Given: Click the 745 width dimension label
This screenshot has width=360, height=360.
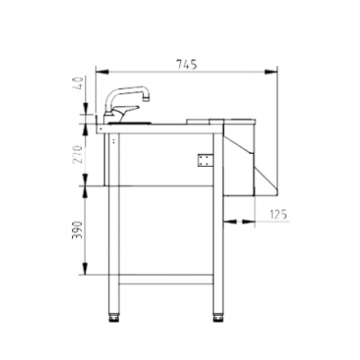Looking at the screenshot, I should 187,64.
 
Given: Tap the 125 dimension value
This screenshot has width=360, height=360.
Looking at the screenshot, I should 278,214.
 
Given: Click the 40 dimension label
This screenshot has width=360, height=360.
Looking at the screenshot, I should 79,84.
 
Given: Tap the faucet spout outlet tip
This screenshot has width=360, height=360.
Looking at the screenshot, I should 148,98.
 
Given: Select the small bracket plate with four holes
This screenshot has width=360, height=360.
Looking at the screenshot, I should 201,159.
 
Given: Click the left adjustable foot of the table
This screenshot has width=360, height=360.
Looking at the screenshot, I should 113,314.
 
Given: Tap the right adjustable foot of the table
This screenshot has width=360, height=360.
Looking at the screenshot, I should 218,314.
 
